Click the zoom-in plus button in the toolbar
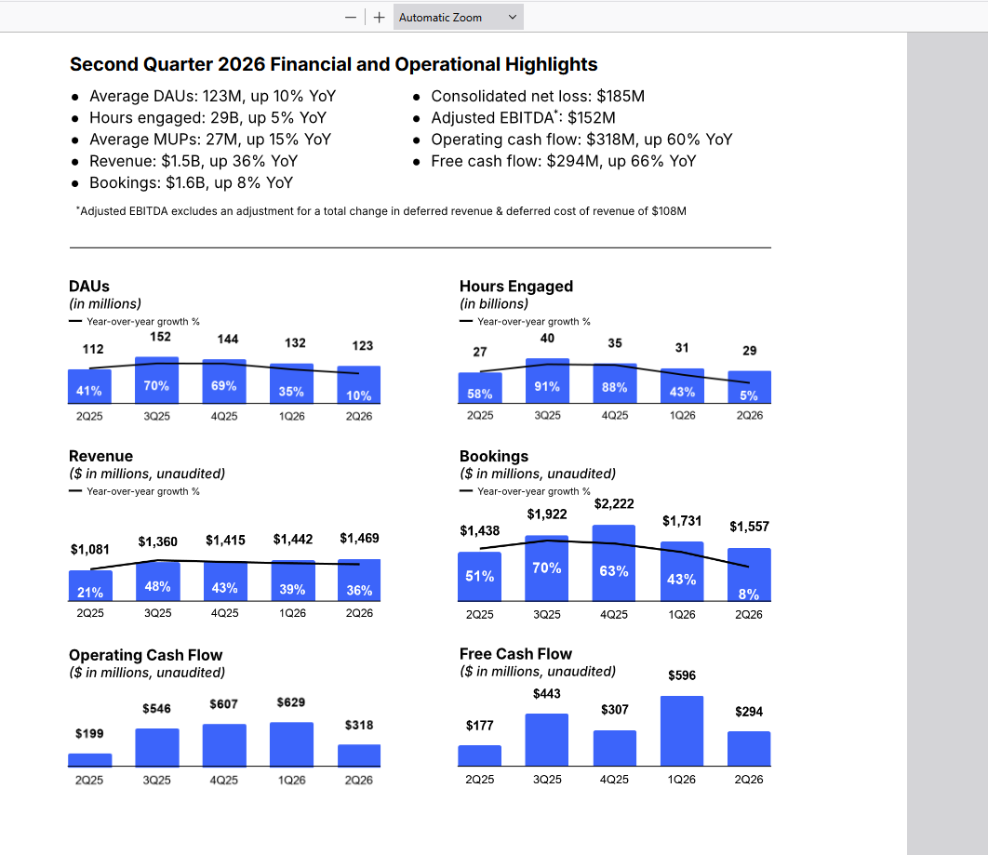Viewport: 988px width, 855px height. [379, 18]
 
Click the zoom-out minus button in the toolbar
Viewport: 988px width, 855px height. [351, 18]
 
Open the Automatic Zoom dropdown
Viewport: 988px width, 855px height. [458, 18]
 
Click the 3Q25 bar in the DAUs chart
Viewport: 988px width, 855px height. [157, 380]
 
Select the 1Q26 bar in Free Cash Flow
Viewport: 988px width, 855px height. [682, 731]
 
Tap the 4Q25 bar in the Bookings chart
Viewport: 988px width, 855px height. [614, 563]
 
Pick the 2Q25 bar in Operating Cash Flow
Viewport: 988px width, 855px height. [90, 760]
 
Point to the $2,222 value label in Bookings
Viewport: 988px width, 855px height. [614, 504]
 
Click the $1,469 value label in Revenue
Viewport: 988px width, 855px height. [359, 538]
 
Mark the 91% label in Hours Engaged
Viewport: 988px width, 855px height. [547, 387]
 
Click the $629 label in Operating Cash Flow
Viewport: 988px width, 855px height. [291, 702]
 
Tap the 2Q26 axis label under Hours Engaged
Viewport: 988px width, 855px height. [749, 416]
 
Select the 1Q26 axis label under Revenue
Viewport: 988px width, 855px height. [292, 613]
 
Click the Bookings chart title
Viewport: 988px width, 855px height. [494, 456]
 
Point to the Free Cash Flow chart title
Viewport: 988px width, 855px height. [515, 654]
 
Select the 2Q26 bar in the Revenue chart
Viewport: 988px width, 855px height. [359, 581]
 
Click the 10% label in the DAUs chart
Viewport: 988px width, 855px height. [358, 395]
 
